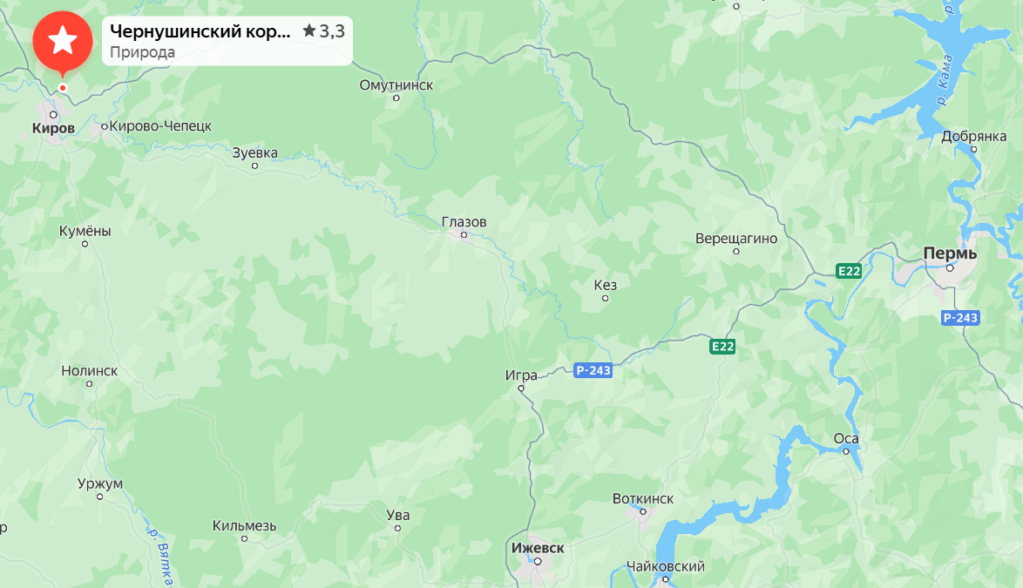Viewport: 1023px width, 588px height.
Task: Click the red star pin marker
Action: coord(62,41)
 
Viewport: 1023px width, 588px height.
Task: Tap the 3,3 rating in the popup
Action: coord(329,31)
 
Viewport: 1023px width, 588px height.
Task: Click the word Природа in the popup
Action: coord(142,52)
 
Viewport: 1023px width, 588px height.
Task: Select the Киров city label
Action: coord(53,129)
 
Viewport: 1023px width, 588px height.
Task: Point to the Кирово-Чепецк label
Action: coord(160,126)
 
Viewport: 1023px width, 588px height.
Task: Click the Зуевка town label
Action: coord(255,153)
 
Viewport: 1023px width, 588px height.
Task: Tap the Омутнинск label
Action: coord(396,85)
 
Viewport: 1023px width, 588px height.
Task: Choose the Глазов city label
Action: coord(464,222)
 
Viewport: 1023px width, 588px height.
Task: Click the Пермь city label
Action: coord(950,253)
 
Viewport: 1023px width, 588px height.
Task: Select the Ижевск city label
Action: coord(538,548)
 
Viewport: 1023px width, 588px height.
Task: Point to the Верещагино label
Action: coord(736,239)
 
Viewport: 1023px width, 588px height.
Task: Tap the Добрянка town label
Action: coord(973,137)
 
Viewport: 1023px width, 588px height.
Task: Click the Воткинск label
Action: coord(643,498)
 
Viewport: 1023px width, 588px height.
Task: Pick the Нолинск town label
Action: coord(90,371)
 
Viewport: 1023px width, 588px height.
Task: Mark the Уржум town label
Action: coord(100,484)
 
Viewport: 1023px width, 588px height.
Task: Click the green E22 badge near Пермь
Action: coord(849,271)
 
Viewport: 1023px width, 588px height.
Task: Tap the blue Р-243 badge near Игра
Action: coord(593,370)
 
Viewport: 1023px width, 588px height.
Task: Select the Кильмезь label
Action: coord(245,526)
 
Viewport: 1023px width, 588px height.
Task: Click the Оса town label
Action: coord(846,438)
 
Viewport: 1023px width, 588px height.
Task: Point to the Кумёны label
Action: coord(85,232)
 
